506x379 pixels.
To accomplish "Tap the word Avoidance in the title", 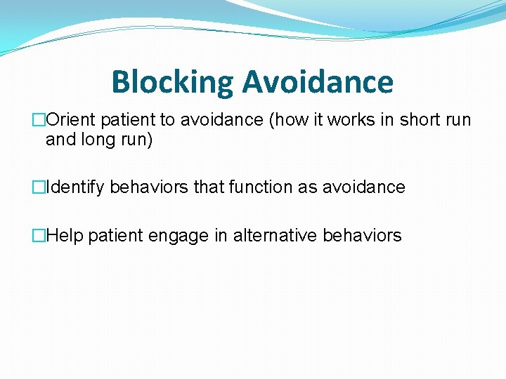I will coord(318,82).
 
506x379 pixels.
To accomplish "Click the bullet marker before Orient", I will coord(39,120).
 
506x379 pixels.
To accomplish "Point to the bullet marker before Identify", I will coord(39,187).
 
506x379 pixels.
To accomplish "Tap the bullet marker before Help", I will coord(39,236).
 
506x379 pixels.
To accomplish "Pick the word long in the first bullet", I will coord(93,140).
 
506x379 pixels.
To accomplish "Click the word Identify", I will coord(75,187).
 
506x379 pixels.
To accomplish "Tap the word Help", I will coord(65,236).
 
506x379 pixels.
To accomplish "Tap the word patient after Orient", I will coord(129,120).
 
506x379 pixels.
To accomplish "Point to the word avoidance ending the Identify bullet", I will coord(363,187).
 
